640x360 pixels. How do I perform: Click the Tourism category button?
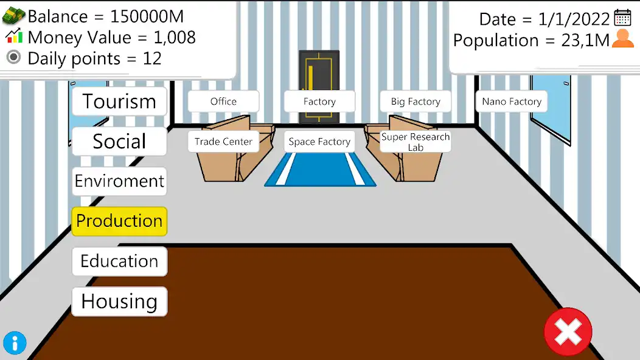click(x=119, y=102)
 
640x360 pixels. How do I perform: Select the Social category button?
click(x=119, y=142)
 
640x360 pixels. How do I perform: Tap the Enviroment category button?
click(x=119, y=181)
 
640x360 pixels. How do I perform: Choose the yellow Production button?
click(x=119, y=221)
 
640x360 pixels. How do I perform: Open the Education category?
click(x=119, y=261)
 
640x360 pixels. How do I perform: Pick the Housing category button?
click(x=119, y=302)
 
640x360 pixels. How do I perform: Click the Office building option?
click(x=223, y=102)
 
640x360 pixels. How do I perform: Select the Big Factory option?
click(x=416, y=102)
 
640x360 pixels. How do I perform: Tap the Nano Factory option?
click(x=512, y=102)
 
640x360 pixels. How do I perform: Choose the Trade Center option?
click(x=223, y=142)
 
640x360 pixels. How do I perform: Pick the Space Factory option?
click(x=319, y=142)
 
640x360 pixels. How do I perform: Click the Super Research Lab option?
click(x=416, y=142)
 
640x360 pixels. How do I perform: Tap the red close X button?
click(x=568, y=331)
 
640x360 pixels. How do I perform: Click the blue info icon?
click(x=15, y=343)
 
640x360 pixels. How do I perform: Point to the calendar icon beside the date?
click(x=622, y=18)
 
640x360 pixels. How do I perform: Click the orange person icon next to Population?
click(x=622, y=39)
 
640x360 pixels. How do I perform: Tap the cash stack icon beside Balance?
click(x=14, y=16)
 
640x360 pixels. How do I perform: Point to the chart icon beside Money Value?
click(x=14, y=36)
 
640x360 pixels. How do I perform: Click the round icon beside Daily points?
click(x=14, y=58)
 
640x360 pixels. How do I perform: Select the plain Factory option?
click(x=319, y=102)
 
